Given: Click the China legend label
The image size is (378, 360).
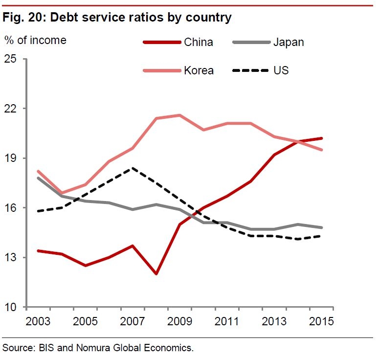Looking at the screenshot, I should click(199, 42).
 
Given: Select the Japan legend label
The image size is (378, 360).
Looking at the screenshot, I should click(288, 42).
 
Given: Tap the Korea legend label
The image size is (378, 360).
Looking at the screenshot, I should click(199, 70).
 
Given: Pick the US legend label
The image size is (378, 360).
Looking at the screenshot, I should click(281, 70).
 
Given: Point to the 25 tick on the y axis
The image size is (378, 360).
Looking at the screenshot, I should click(10, 59).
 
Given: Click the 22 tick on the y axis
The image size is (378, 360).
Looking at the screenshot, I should click(10, 109).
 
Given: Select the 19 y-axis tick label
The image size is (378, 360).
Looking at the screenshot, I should click(10, 158).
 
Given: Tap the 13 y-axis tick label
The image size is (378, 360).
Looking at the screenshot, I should click(10, 258).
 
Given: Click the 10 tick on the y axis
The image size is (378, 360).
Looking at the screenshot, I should click(10, 307).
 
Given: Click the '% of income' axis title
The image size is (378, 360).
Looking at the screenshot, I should click(35, 40).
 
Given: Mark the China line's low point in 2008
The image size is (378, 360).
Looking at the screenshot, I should click(156, 274).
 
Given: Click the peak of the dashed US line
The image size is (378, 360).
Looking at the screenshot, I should click(133, 168).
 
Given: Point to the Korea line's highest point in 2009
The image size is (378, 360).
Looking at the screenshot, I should click(179, 115).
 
